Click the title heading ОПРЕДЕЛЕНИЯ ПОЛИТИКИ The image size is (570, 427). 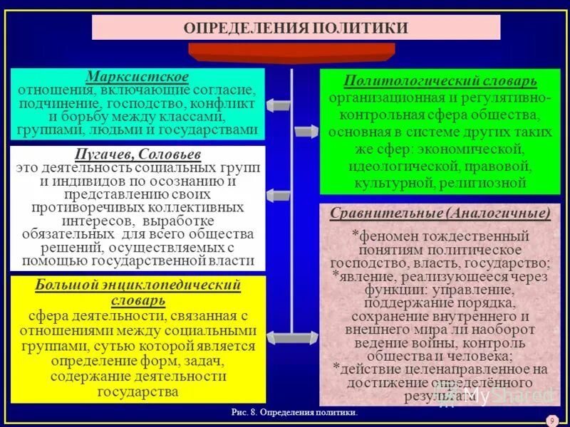[296, 28]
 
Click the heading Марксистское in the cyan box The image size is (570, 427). [138, 76]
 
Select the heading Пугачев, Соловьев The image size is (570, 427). [138, 154]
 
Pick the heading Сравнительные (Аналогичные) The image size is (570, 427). [440, 213]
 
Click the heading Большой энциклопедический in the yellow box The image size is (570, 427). [138, 285]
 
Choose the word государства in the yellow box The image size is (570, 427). [138, 392]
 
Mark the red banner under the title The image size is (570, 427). [291, 52]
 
